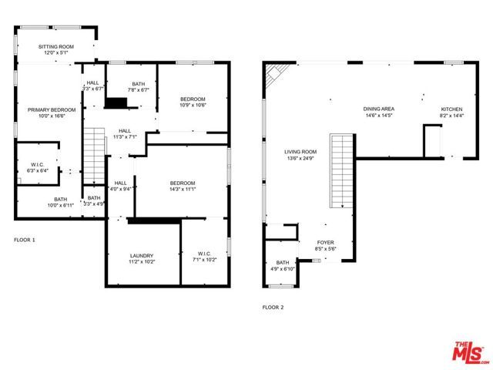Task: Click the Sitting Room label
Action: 56,48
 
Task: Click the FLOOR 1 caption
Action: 25,240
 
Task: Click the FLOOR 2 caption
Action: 273,307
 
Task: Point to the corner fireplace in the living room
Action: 275,75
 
